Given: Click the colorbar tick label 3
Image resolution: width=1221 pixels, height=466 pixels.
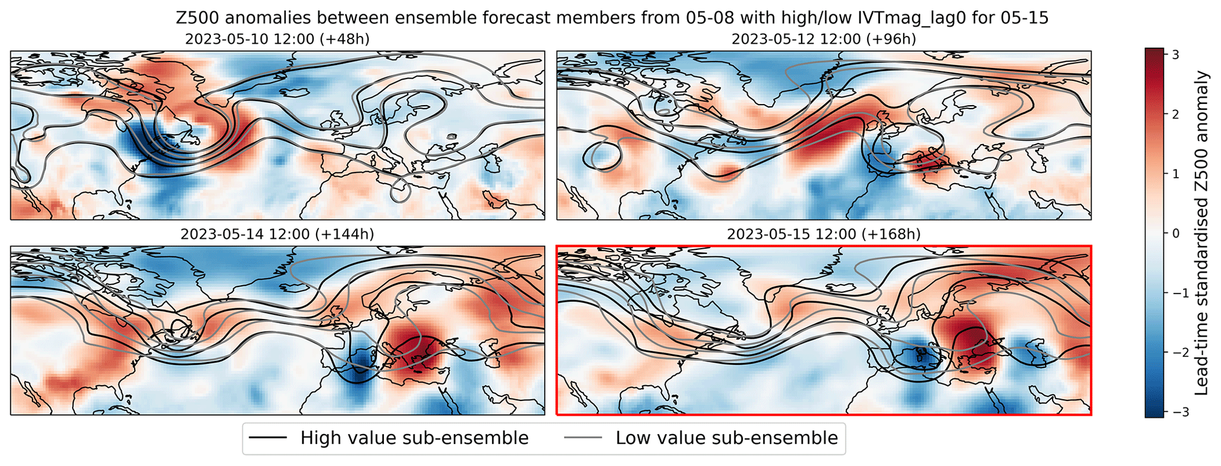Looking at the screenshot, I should pyautogui.click(x=1176, y=54).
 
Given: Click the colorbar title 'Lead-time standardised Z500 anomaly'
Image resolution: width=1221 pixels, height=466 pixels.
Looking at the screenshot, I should pyautogui.click(x=1203, y=233).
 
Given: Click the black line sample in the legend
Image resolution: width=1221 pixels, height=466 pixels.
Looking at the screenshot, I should pyautogui.click(x=268, y=438).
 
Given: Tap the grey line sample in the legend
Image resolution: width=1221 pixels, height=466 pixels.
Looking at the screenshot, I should pyautogui.click(x=583, y=438).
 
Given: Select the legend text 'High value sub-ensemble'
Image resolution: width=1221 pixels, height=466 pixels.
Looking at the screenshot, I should pyautogui.click(x=414, y=438).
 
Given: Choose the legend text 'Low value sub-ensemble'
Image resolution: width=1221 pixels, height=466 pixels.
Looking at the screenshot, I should pyautogui.click(x=727, y=438).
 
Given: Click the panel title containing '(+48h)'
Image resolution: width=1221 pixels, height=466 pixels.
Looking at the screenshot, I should pyautogui.click(x=277, y=40).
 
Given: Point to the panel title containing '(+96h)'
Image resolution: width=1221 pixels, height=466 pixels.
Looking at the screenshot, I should pyautogui.click(x=823, y=40).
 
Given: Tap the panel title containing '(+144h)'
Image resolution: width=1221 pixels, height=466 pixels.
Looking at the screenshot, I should pyautogui.click(x=277, y=234).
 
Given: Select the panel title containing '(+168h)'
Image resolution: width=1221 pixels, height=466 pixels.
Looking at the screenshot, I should pyautogui.click(x=823, y=234).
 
